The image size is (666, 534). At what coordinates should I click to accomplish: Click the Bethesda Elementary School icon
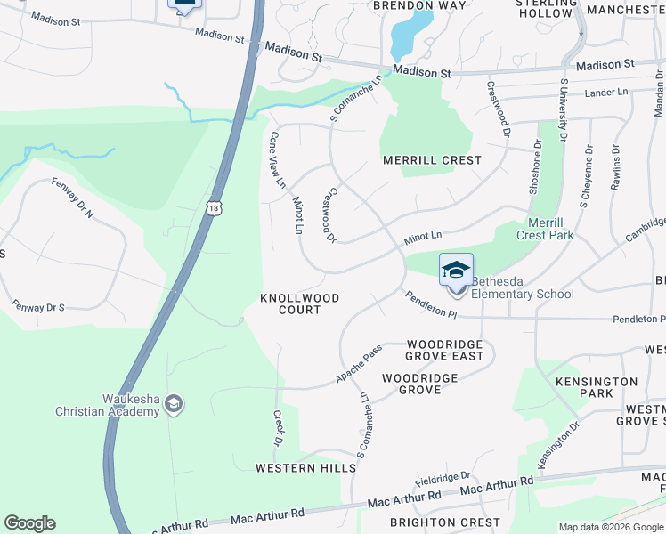click(456, 271)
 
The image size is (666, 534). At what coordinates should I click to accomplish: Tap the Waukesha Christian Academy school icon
click(175, 405)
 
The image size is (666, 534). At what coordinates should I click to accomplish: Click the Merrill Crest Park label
click(545, 229)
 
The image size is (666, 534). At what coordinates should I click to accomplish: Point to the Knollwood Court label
click(299, 303)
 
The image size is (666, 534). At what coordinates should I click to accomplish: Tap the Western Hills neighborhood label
click(294, 467)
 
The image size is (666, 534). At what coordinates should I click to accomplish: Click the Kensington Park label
click(596, 387)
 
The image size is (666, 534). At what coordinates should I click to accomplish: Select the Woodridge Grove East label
click(444, 350)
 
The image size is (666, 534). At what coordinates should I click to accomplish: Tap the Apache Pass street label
click(359, 365)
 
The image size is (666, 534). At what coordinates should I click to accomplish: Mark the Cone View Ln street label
click(276, 160)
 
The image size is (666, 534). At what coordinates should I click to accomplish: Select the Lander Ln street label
click(605, 93)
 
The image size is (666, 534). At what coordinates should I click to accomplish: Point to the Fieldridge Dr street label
click(442, 478)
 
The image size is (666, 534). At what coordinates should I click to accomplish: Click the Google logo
click(29, 523)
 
